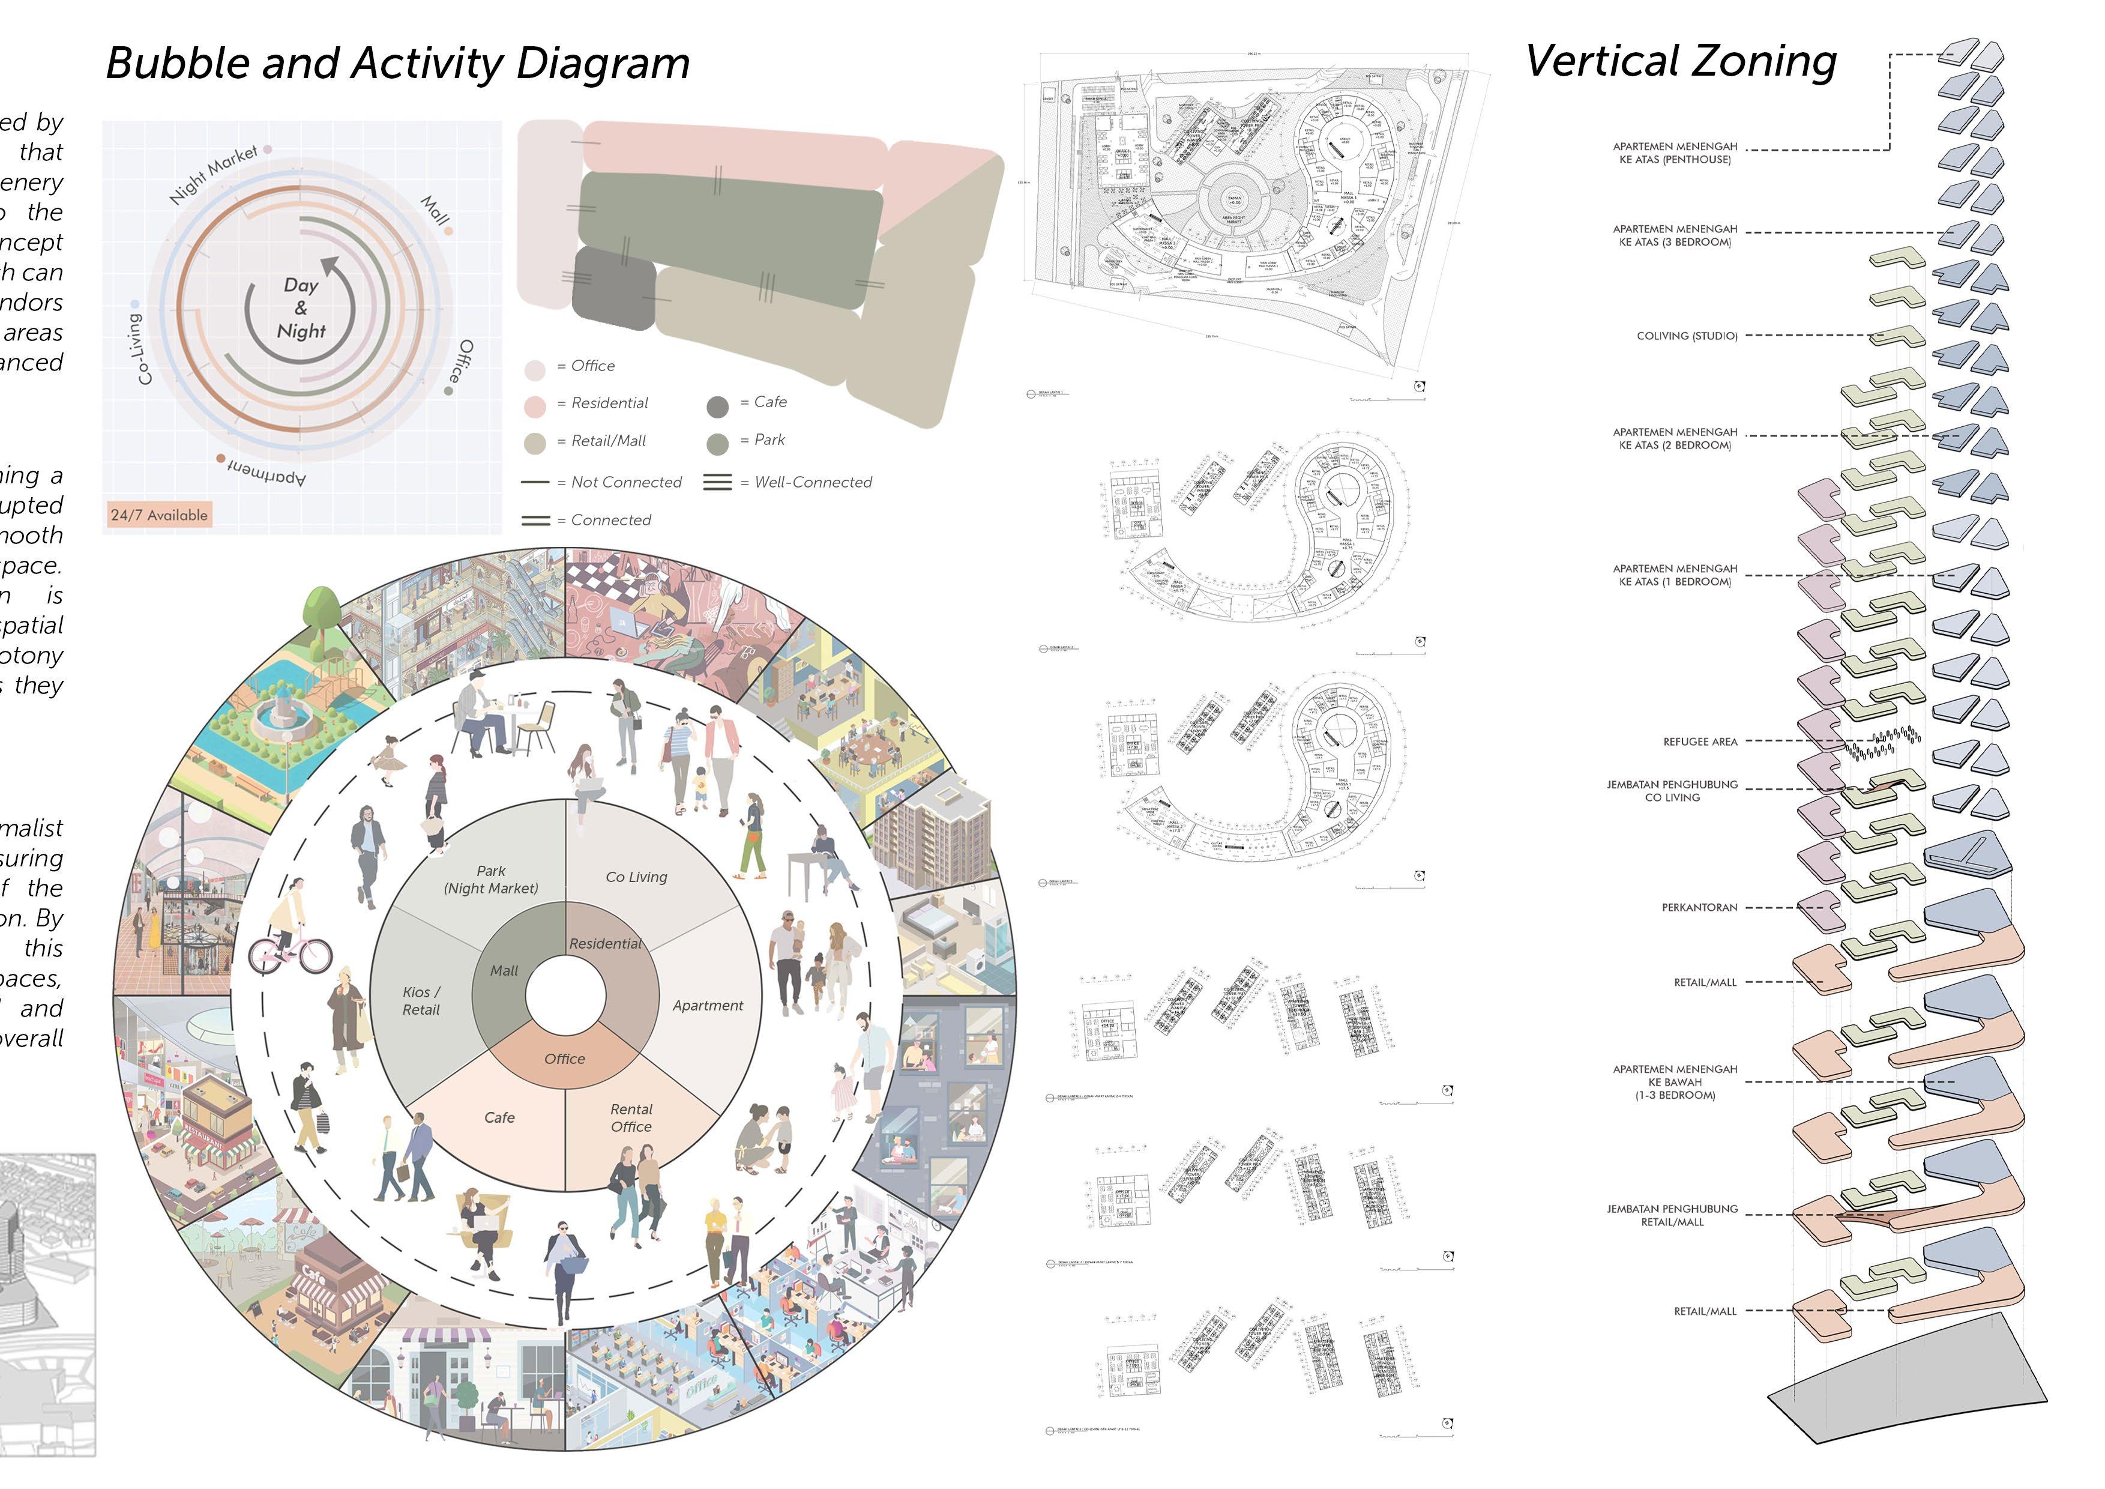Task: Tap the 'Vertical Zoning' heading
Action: (1681, 62)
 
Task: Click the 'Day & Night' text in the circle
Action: (301, 308)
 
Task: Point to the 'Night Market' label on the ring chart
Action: (214, 174)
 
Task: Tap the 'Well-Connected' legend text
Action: (812, 482)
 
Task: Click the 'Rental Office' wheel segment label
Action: (631, 1118)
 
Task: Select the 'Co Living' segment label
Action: (636, 877)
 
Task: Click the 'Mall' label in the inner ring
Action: (504, 970)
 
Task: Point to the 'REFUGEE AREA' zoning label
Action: (1700, 741)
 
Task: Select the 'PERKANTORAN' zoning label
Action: (1699, 908)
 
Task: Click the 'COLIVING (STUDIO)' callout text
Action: (1687, 336)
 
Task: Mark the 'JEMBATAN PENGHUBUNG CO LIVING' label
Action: (1672, 791)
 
